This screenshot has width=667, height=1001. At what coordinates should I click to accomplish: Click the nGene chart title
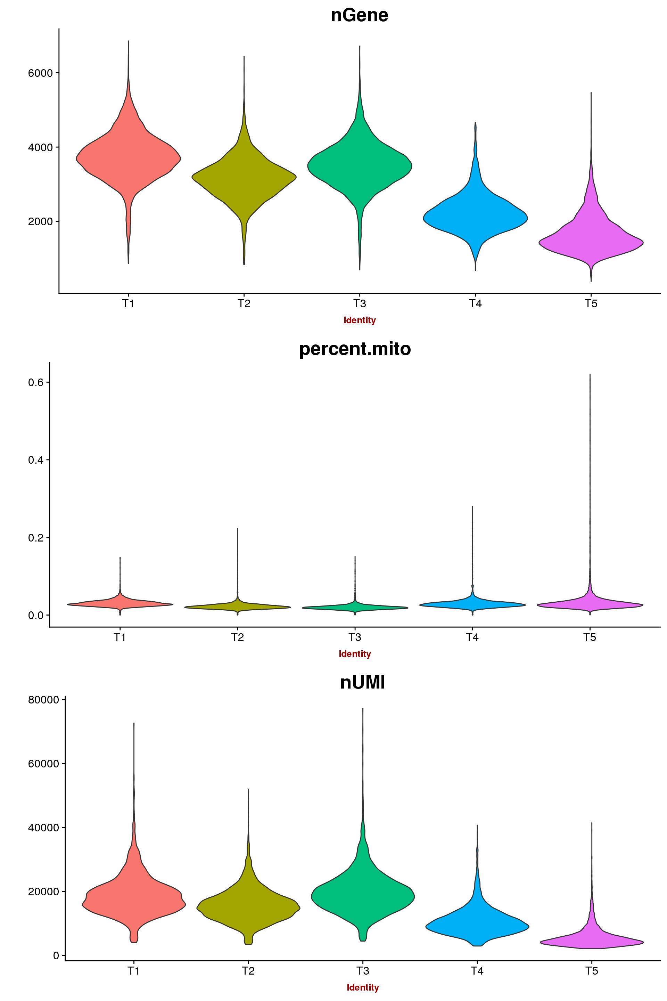pyautogui.click(x=360, y=15)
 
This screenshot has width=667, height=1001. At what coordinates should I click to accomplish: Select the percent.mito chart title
pyautogui.click(x=355, y=349)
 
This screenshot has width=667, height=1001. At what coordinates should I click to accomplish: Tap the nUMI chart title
pyautogui.click(x=362, y=682)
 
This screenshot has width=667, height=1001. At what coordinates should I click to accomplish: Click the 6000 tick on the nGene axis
pyautogui.click(x=40, y=73)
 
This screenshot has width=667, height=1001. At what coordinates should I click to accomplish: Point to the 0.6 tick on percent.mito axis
pyautogui.click(x=36, y=382)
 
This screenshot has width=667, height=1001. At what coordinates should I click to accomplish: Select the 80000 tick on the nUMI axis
pyautogui.click(x=43, y=700)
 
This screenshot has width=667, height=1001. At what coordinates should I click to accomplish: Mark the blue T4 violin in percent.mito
pyautogui.click(x=472, y=605)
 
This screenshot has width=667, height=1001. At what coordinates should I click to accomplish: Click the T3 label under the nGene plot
pyautogui.click(x=360, y=304)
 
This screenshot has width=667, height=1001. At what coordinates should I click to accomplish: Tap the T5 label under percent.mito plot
pyautogui.click(x=590, y=637)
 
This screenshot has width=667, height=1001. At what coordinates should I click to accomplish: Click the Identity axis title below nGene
pyautogui.click(x=360, y=320)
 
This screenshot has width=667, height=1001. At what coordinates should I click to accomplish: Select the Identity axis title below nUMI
pyautogui.click(x=362, y=987)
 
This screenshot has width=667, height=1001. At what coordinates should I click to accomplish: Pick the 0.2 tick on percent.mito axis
pyautogui.click(x=36, y=538)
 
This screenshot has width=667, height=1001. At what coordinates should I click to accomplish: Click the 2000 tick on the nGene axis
pyautogui.click(x=40, y=222)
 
